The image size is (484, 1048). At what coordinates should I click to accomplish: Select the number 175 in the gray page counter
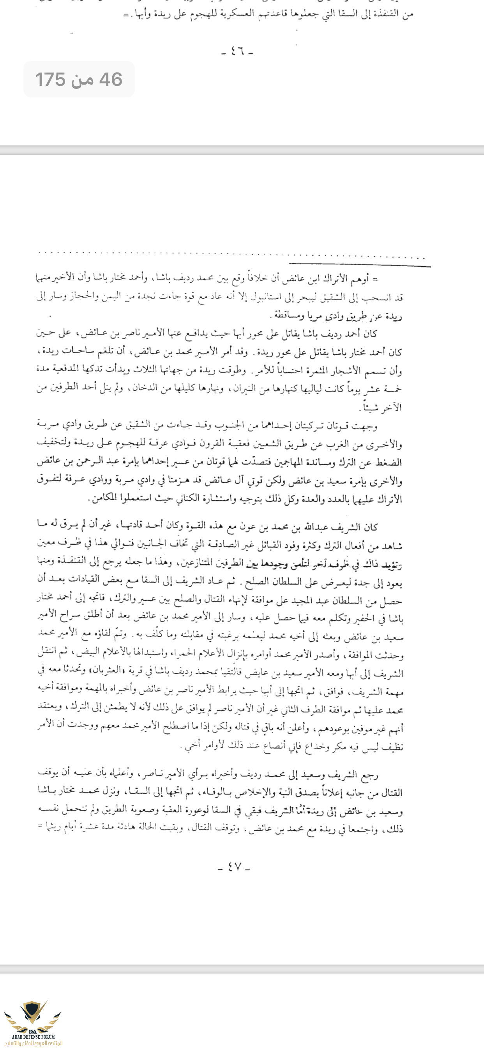[x=50, y=79]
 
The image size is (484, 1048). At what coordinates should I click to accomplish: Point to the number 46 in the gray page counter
[x=111, y=79]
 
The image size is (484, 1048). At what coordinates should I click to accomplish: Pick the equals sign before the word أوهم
[x=375, y=279]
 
